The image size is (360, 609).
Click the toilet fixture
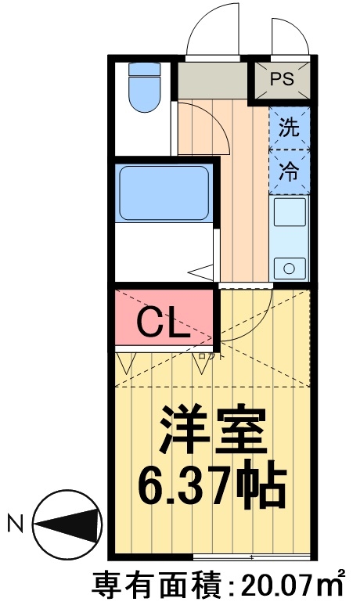143,87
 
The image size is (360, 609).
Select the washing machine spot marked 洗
290,130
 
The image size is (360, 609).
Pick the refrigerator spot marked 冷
290,172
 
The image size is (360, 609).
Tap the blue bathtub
163,192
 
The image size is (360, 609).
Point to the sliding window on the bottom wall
254,557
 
